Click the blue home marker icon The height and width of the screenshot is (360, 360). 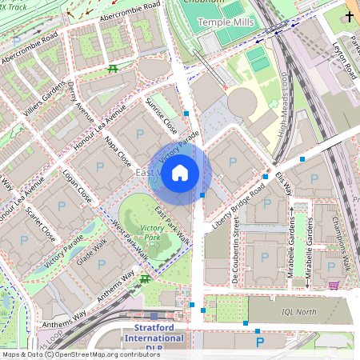(x=180, y=172)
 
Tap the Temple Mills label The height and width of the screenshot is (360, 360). (x=226, y=22)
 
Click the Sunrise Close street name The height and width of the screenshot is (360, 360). (x=162, y=116)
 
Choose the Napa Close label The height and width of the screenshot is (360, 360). (x=118, y=150)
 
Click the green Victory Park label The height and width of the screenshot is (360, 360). (x=151, y=233)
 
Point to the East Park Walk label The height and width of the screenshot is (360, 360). (x=172, y=226)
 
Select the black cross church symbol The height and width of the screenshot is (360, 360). (x=349, y=15)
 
